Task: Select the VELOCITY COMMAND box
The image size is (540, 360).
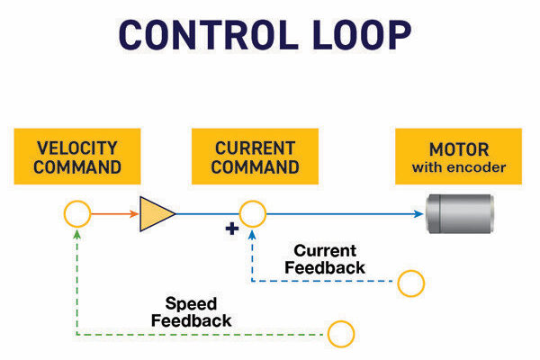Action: point(78,157)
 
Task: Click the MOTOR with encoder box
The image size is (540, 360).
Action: point(459,157)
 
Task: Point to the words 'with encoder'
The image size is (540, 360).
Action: point(459,167)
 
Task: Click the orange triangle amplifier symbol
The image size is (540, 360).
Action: point(156,214)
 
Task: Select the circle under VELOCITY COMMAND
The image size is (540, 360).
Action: point(77,214)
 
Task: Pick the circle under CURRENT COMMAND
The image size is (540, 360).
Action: point(252,214)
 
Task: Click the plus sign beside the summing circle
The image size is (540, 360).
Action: point(232,229)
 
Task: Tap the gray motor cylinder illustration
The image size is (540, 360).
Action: point(455,213)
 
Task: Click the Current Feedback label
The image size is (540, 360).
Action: point(325,259)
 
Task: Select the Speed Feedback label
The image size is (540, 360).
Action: point(191,311)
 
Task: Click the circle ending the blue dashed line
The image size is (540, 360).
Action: point(410,283)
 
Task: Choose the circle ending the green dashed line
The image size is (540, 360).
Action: point(340,334)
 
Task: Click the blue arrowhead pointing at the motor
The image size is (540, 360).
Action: point(418,214)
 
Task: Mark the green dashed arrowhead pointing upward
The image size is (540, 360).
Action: point(77,233)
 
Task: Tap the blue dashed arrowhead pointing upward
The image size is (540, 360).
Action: point(252,233)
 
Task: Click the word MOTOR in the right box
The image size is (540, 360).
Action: point(459,148)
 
